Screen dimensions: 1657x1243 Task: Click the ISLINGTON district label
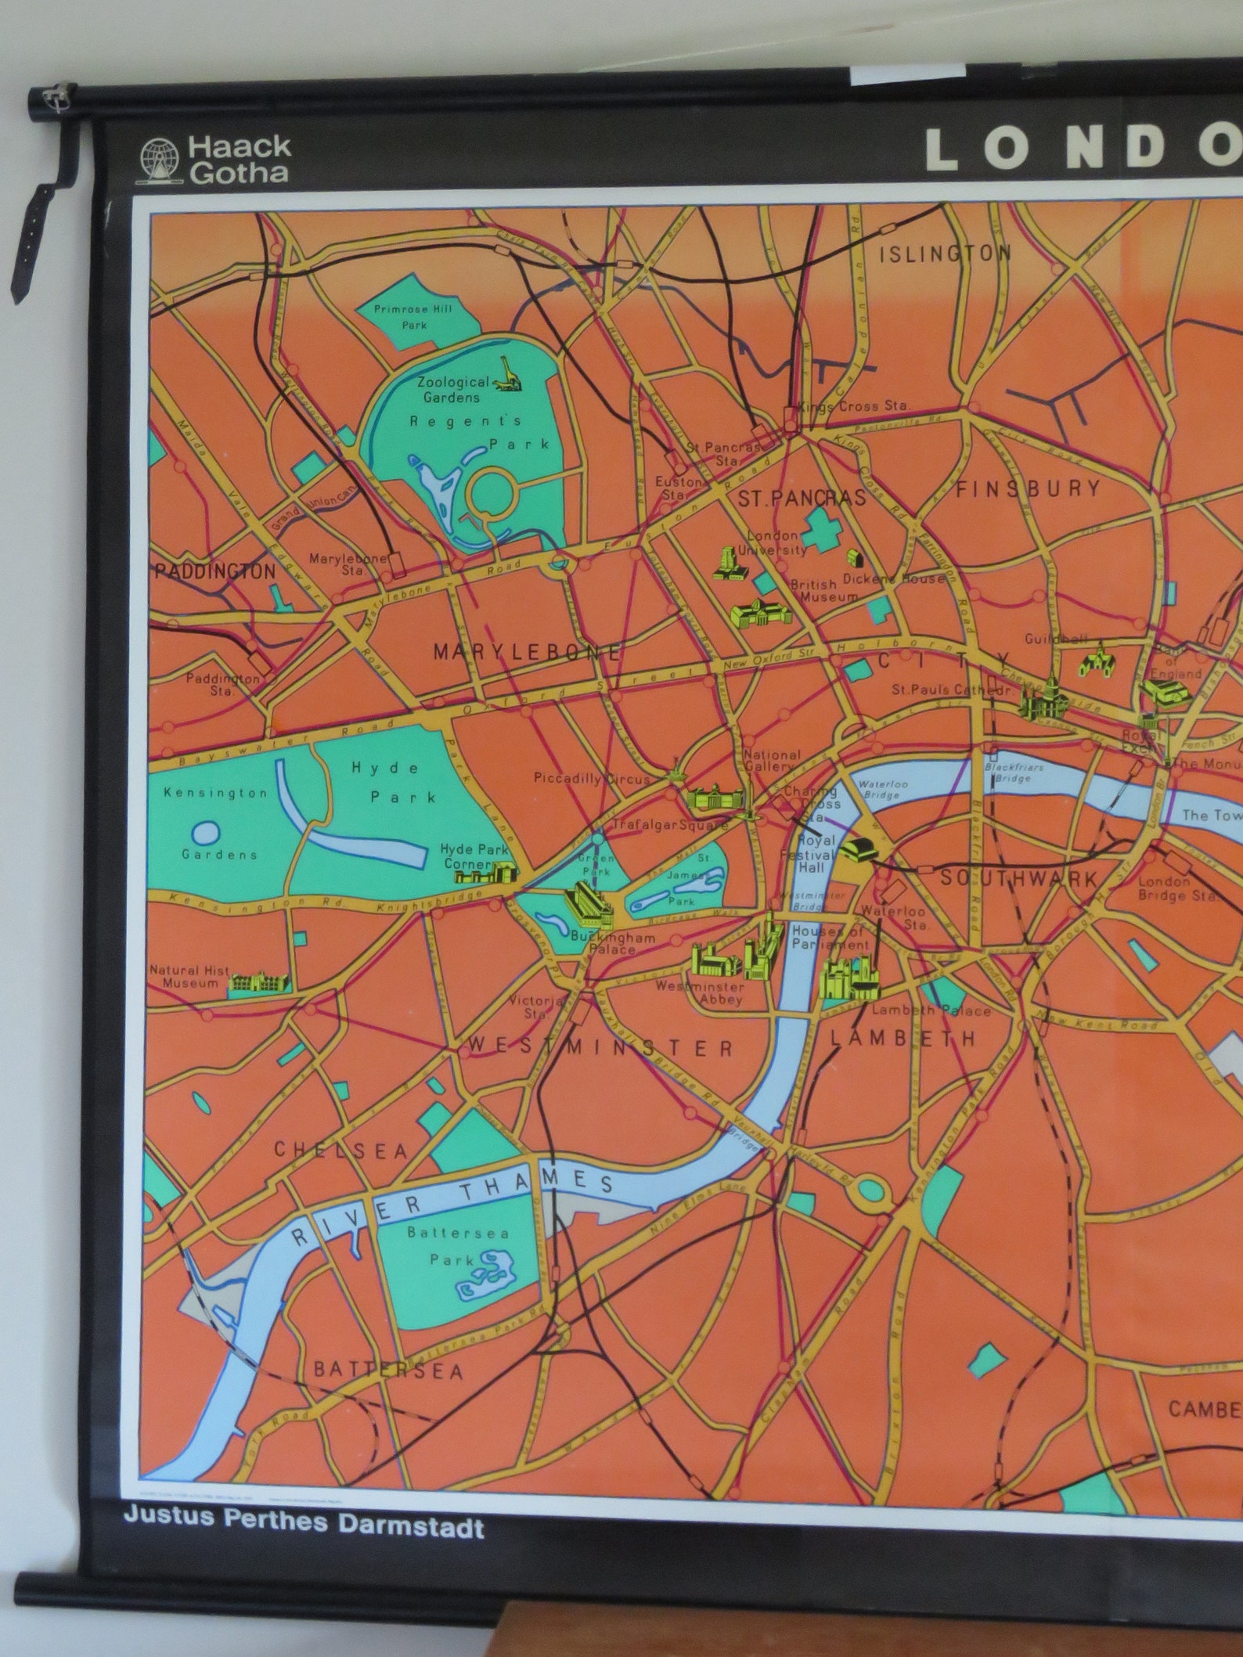pyautogui.click(x=946, y=254)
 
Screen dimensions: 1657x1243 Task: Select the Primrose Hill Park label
pyautogui.click(x=413, y=316)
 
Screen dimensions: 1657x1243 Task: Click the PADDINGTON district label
pyautogui.click(x=215, y=571)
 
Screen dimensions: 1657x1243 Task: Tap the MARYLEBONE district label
pyautogui.click(x=527, y=651)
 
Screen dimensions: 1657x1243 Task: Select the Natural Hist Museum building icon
pyautogui.click(x=259, y=983)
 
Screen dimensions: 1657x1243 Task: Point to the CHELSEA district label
pyautogui.click(x=340, y=1150)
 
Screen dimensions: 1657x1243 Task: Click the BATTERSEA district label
pyautogui.click(x=389, y=1369)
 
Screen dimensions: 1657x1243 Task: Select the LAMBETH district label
pyautogui.click(x=903, y=1038)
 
